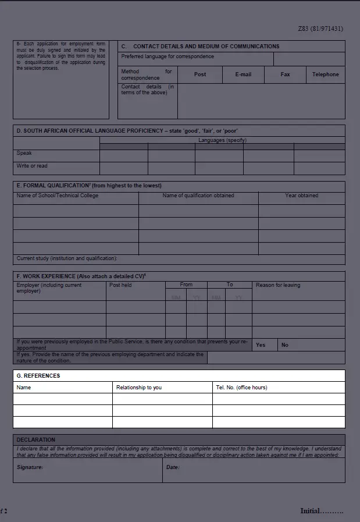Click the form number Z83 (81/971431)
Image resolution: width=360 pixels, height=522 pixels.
point(320,29)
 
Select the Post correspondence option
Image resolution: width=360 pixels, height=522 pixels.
point(200,74)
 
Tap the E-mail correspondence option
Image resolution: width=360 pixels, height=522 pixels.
point(243,74)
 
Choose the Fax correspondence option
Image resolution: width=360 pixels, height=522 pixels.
point(285,74)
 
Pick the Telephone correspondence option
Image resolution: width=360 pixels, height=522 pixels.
point(325,74)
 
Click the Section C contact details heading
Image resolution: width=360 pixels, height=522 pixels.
point(200,47)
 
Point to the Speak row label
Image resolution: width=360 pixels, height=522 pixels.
point(24,154)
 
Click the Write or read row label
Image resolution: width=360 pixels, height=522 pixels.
point(32,166)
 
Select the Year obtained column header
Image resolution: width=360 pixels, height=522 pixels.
point(301,196)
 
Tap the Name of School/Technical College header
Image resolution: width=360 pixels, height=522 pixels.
point(58,196)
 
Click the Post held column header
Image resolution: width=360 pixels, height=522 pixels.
point(120,285)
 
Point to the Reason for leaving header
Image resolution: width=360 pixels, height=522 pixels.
point(278,285)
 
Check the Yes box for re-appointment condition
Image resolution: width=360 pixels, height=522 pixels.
point(261,345)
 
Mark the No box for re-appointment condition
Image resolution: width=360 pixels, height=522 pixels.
point(285,345)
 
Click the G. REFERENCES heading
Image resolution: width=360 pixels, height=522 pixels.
point(38,376)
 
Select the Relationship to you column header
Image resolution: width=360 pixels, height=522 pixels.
point(139,388)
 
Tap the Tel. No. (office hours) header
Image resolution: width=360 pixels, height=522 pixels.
point(241,388)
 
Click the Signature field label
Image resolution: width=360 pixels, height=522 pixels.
point(30,467)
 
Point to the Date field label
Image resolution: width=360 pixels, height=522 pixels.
point(173,467)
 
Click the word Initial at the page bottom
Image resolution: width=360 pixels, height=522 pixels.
point(310,511)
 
